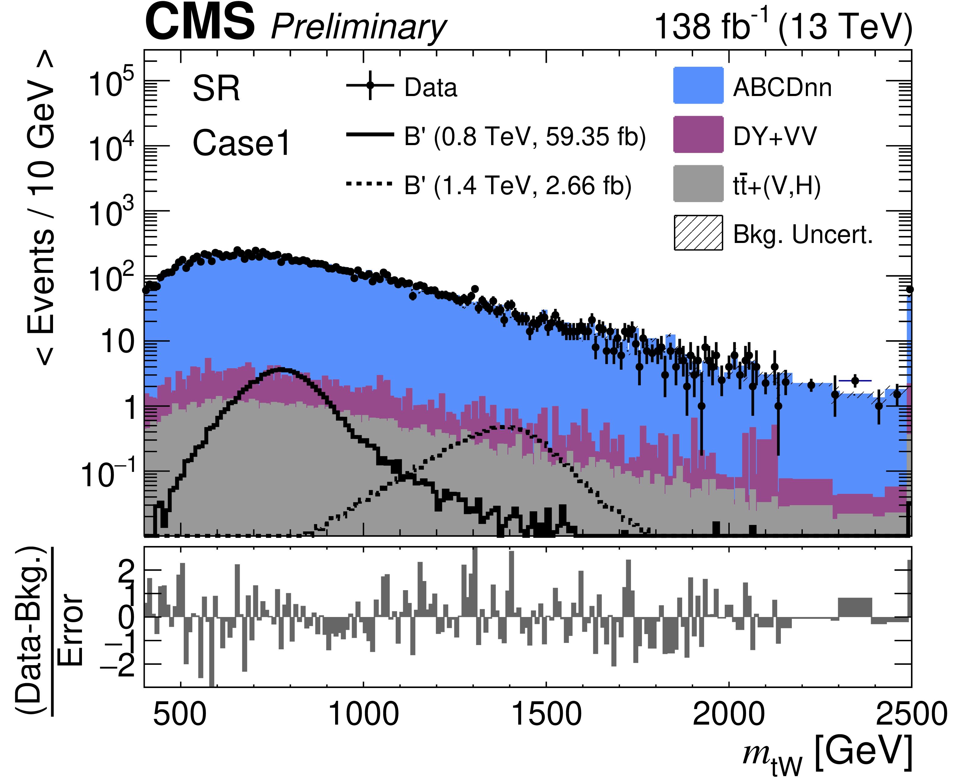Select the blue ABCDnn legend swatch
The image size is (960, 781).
pos(698,85)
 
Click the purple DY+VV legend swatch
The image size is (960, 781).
pos(698,134)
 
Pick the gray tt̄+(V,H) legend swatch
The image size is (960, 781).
pos(698,184)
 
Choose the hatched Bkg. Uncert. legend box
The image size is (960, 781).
pos(698,233)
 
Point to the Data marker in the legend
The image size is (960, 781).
pos(370,85)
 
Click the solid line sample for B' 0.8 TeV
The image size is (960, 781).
pos(370,134)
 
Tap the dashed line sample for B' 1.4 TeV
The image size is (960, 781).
pos(370,184)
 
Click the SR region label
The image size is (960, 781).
pos(216,89)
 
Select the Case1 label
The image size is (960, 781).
pos(242,143)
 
